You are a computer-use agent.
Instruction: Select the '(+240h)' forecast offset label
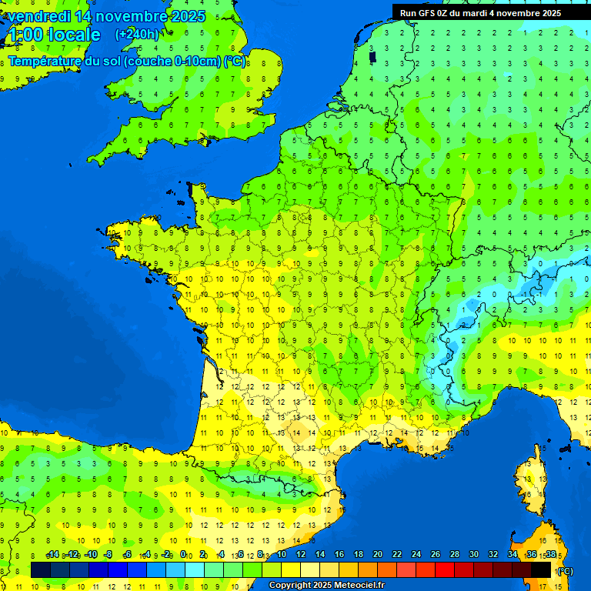(x=137, y=34)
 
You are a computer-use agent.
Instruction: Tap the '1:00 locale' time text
(x=53, y=35)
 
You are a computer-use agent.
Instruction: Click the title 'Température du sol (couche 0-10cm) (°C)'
(x=127, y=62)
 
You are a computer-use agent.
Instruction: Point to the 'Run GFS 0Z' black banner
(x=480, y=12)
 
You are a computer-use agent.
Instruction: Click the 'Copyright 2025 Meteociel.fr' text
(x=326, y=586)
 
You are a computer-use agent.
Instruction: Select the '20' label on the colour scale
(x=378, y=554)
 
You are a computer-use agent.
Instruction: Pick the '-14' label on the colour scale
(x=52, y=554)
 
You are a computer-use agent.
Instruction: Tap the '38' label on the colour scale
(x=550, y=554)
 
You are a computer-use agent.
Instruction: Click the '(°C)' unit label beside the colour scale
(x=565, y=571)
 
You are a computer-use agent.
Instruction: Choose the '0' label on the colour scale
(x=183, y=554)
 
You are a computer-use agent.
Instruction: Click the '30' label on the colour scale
(x=474, y=554)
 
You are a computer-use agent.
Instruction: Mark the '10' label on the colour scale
(x=282, y=554)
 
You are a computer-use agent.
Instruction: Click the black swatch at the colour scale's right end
(x=541, y=569)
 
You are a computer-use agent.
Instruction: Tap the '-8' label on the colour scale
(x=109, y=554)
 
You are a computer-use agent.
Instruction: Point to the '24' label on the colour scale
(x=416, y=554)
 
